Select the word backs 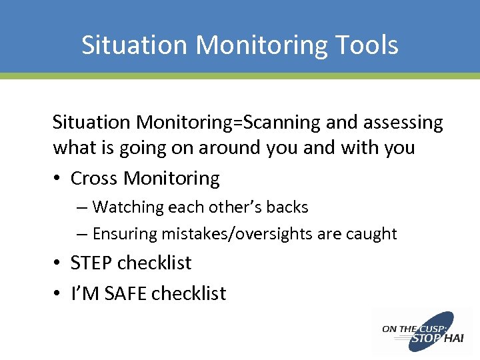pyautogui.click(x=287, y=207)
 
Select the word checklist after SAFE pyautogui.click(x=189, y=293)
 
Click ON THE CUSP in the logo pyautogui.click(x=407, y=329)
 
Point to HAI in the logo pyautogui.click(x=453, y=339)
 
